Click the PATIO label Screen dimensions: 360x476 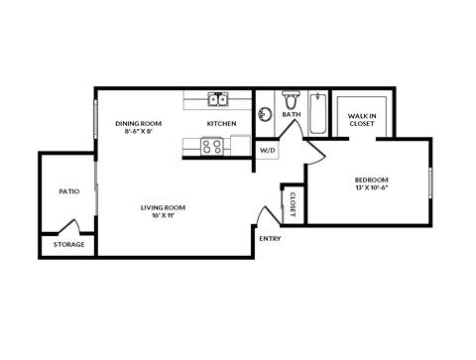(x=68, y=191)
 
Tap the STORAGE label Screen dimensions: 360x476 (x=68, y=244)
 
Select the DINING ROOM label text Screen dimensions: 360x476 (x=138, y=123)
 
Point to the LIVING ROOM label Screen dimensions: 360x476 (x=165, y=207)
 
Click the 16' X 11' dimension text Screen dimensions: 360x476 (x=165, y=215)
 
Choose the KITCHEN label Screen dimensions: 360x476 (x=221, y=123)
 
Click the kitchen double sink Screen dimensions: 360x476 (x=219, y=99)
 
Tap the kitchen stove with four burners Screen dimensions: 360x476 (x=212, y=146)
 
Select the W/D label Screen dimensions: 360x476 (x=268, y=151)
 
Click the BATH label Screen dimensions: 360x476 (x=292, y=114)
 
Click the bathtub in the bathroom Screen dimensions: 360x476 (x=316, y=114)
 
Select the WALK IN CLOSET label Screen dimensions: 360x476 (x=361, y=120)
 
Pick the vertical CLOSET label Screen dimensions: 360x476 (x=293, y=205)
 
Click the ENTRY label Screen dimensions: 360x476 (x=269, y=239)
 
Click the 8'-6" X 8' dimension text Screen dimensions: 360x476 (x=137, y=131)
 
